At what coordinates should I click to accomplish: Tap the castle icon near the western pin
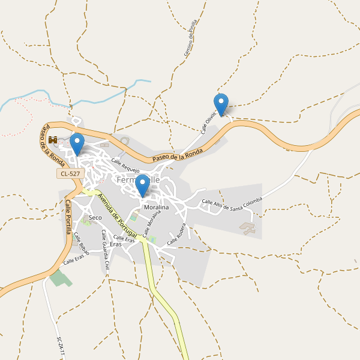(x=52, y=140)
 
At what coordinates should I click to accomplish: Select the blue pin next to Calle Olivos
(x=221, y=104)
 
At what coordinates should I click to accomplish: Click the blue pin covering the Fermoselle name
(x=142, y=185)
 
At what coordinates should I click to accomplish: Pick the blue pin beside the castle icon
(x=77, y=143)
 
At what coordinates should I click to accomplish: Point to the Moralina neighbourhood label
(x=156, y=207)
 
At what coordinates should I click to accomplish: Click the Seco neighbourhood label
(x=95, y=217)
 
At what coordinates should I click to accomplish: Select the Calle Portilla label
(x=68, y=217)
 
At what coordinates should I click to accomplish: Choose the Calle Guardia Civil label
(x=106, y=248)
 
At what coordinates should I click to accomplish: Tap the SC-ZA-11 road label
(x=60, y=347)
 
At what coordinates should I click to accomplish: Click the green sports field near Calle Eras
(x=58, y=278)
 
